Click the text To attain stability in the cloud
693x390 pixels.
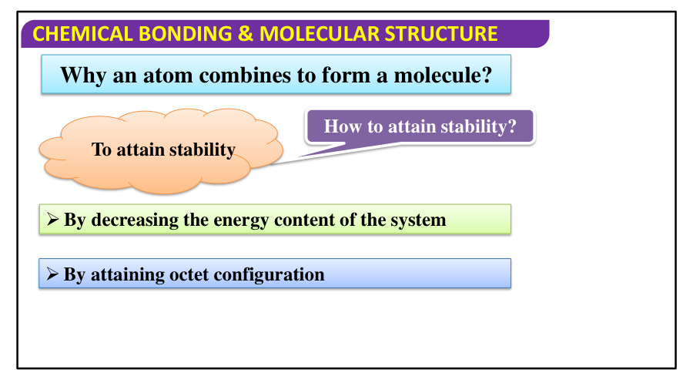coord(163,150)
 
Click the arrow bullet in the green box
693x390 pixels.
coord(52,220)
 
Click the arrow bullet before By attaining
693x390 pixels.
coord(52,274)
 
